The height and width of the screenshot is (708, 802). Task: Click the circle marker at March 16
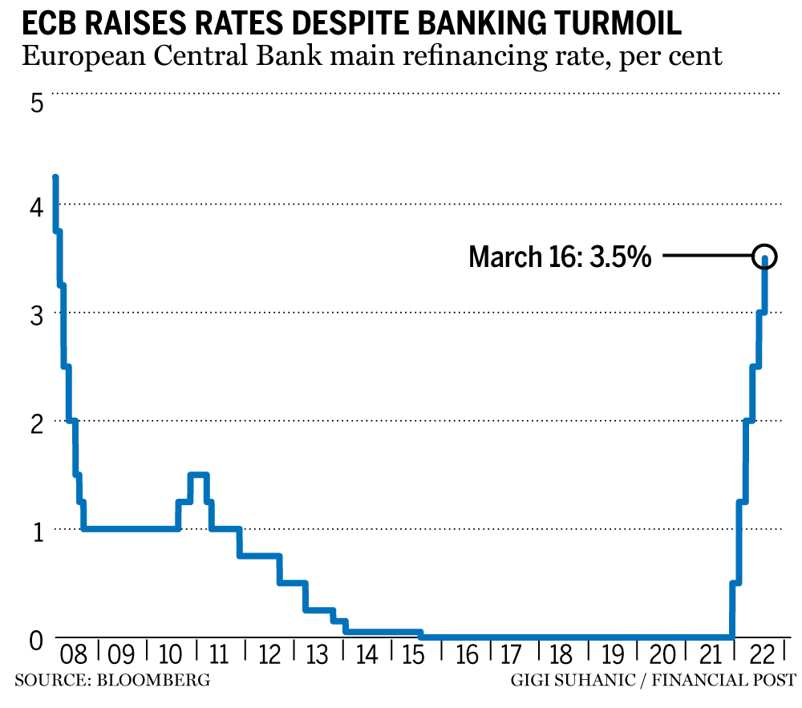[765, 257]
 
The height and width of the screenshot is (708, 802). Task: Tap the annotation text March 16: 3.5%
[560, 257]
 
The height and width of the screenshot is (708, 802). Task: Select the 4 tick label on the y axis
[36, 207]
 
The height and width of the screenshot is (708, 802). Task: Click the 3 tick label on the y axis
[36, 314]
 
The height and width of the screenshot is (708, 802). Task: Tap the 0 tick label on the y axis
[36, 641]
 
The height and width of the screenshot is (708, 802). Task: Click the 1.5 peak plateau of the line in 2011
[199, 475]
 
